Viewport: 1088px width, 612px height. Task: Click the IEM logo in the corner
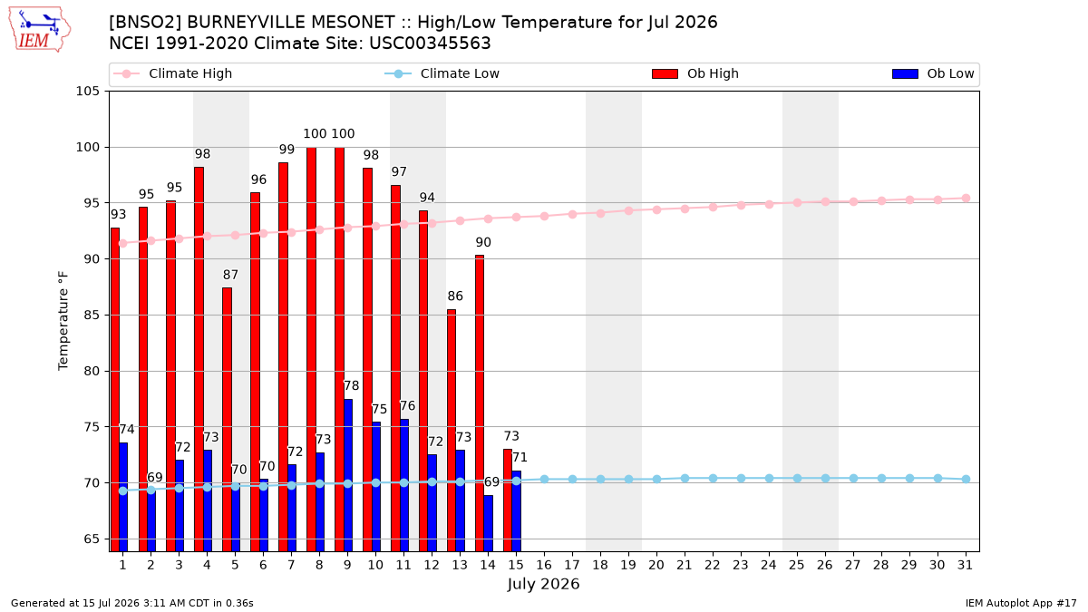click(x=40, y=30)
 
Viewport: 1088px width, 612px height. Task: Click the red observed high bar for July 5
click(x=227, y=419)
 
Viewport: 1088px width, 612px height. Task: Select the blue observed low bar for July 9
click(x=348, y=475)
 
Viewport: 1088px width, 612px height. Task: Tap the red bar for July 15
click(x=508, y=500)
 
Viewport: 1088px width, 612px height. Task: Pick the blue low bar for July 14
click(x=488, y=523)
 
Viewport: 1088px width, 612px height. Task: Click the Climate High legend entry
click(x=173, y=73)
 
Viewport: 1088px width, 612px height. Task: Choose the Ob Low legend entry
click(x=933, y=73)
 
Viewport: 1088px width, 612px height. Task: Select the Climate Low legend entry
click(x=442, y=73)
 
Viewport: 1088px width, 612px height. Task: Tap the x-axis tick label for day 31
click(x=965, y=565)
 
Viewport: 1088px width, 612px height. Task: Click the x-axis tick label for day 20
click(x=656, y=565)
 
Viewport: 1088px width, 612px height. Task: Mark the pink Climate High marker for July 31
click(x=967, y=199)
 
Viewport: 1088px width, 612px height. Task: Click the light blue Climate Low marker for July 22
click(x=713, y=479)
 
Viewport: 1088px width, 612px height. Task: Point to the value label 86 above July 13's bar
click(x=455, y=296)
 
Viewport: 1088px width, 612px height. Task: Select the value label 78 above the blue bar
click(x=351, y=385)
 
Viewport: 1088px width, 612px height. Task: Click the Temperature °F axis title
click(x=63, y=321)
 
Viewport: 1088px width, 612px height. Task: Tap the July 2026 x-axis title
click(x=543, y=584)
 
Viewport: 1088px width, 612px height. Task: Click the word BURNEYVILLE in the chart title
click(x=290, y=23)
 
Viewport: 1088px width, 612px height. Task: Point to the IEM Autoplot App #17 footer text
click(x=1021, y=603)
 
